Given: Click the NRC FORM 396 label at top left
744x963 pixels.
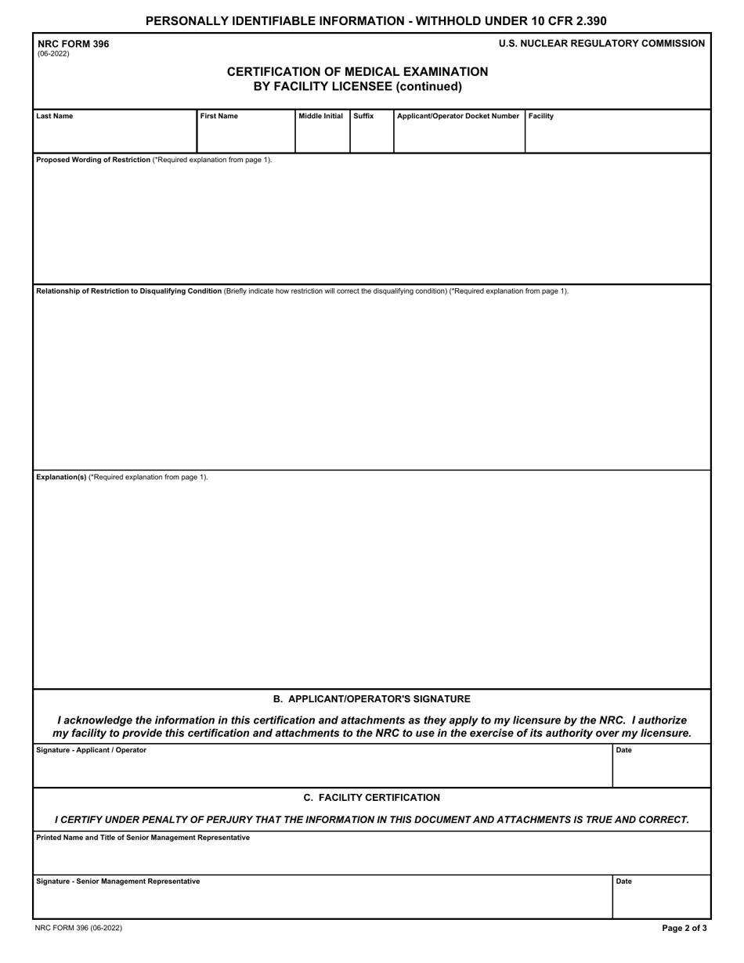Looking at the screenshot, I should (74, 44).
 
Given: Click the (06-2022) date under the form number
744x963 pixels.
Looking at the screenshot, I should (53, 54).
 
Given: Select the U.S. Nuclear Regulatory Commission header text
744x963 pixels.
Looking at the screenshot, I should (601, 44).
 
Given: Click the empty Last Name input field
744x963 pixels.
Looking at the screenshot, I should (114, 136).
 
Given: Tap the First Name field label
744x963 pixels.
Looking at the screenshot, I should (219, 117).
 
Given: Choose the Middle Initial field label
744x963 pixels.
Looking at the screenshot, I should (321, 117).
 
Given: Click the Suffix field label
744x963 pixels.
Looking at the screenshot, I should (363, 117).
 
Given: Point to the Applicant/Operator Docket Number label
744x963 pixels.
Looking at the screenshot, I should (458, 117).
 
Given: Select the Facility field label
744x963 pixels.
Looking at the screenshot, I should (541, 117).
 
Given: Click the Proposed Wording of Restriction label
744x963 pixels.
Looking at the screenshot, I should (93, 160).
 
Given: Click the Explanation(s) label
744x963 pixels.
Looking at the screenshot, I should (61, 477).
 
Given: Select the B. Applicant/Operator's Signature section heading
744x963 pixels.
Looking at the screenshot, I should (372, 698).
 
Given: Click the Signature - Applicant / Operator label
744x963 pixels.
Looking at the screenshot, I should (91, 750).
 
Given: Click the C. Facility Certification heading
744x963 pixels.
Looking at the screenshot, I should (372, 797).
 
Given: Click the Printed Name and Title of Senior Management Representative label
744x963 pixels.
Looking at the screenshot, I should (143, 838).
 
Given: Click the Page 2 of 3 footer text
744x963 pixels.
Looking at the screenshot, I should (684, 928).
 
